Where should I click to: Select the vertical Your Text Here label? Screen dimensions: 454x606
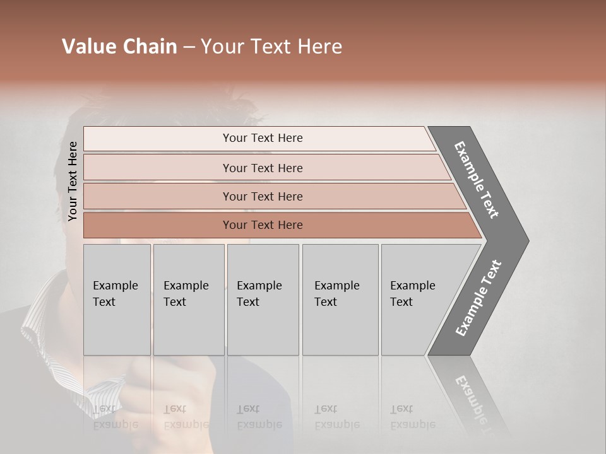[x=73, y=181]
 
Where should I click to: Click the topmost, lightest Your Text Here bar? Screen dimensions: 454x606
[x=262, y=138]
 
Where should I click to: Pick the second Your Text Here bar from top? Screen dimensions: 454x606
[x=262, y=168]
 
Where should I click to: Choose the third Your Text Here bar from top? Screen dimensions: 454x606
[x=262, y=196]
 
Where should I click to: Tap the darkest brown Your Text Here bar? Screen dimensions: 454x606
[x=262, y=225]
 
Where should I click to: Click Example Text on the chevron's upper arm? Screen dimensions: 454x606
[x=477, y=180]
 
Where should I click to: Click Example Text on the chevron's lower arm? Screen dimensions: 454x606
[x=478, y=298]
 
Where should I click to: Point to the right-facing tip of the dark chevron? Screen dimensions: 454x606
[x=525, y=241]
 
